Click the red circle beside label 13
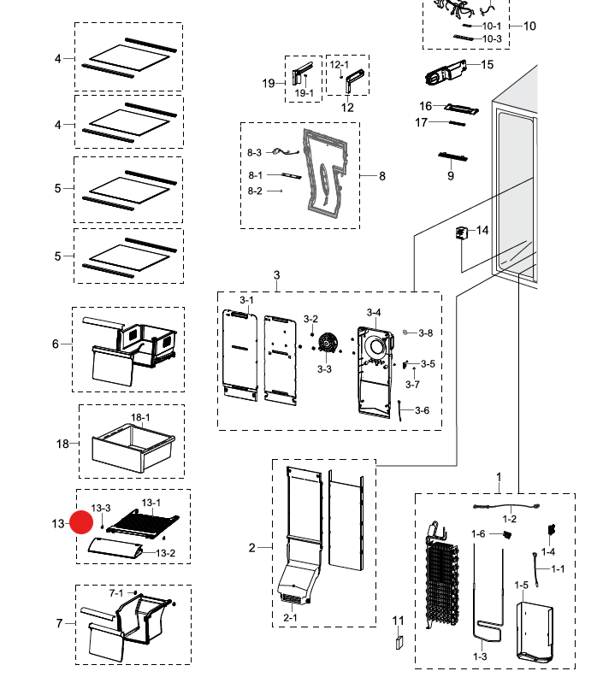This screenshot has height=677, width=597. (x=82, y=522)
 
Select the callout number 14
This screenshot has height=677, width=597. (x=482, y=231)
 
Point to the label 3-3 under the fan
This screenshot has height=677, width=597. (x=324, y=369)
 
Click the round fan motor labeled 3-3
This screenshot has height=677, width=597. (x=326, y=344)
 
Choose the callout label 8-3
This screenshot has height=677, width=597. (x=255, y=152)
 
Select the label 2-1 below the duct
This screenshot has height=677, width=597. (x=291, y=617)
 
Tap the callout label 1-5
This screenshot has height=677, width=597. (x=522, y=585)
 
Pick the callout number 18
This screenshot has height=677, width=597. (x=62, y=443)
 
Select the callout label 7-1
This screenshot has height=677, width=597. (x=116, y=592)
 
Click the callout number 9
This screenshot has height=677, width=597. (x=451, y=176)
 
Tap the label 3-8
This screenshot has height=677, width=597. (x=425, y=333)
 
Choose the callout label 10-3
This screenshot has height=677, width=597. (x=492, y=38)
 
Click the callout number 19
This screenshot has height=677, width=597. (x=269, y=83)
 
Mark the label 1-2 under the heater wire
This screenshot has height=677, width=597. (x=509, y=519)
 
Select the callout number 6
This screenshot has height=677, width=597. (x=56, y=344)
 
